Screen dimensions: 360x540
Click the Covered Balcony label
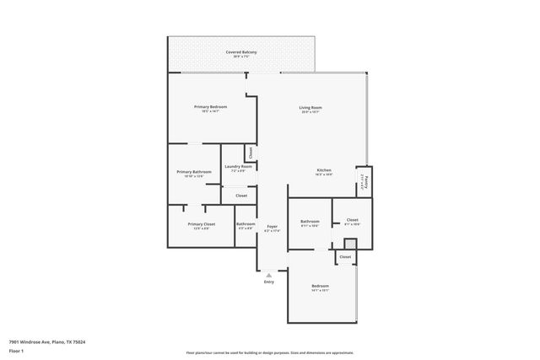pyautogui.click(x=241, y=52)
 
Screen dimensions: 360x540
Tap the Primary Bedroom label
pyautogui.click(x=210, y=107)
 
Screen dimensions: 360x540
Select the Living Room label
pyautogui.click(x=310, y=107)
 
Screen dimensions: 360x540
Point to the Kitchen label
pyautogui.click(x=324, y=171)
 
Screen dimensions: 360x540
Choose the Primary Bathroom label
pyautogui.click(x=194, y=172)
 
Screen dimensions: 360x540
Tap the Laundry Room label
pyautogui.click(x=238, y=167)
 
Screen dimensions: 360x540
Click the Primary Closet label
pyautogui.click(x=202, y=224)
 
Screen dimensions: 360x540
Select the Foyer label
pyautogui.click(x=272, y=226)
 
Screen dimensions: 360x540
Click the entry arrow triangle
pyautogui.click(x=268, y=275)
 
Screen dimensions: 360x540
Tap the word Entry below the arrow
pyautogui.click(x=268, y=282)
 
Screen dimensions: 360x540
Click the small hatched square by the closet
pyautogui.click(x=349, y=244)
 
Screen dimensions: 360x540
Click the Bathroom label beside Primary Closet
pyautogui.click(x=246, y=224)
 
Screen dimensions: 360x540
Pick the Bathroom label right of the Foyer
pyautogui.click(x=310, y=222)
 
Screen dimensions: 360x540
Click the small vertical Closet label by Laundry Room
pyautogui.click(x=250, y=152)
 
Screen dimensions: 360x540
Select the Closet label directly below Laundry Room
pyautogui.click(x=241, y=196)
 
